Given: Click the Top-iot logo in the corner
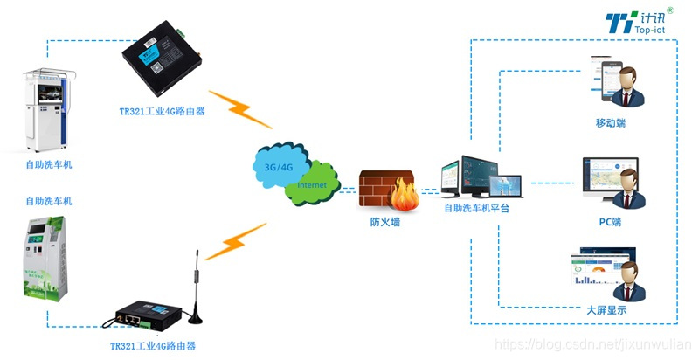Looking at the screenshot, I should pyautogui.click(x=647, y=23).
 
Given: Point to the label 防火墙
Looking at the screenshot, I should pyautogui.click(x=385, y=222).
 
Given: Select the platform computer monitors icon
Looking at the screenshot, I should pyautogui.click(x=480, y=178).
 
